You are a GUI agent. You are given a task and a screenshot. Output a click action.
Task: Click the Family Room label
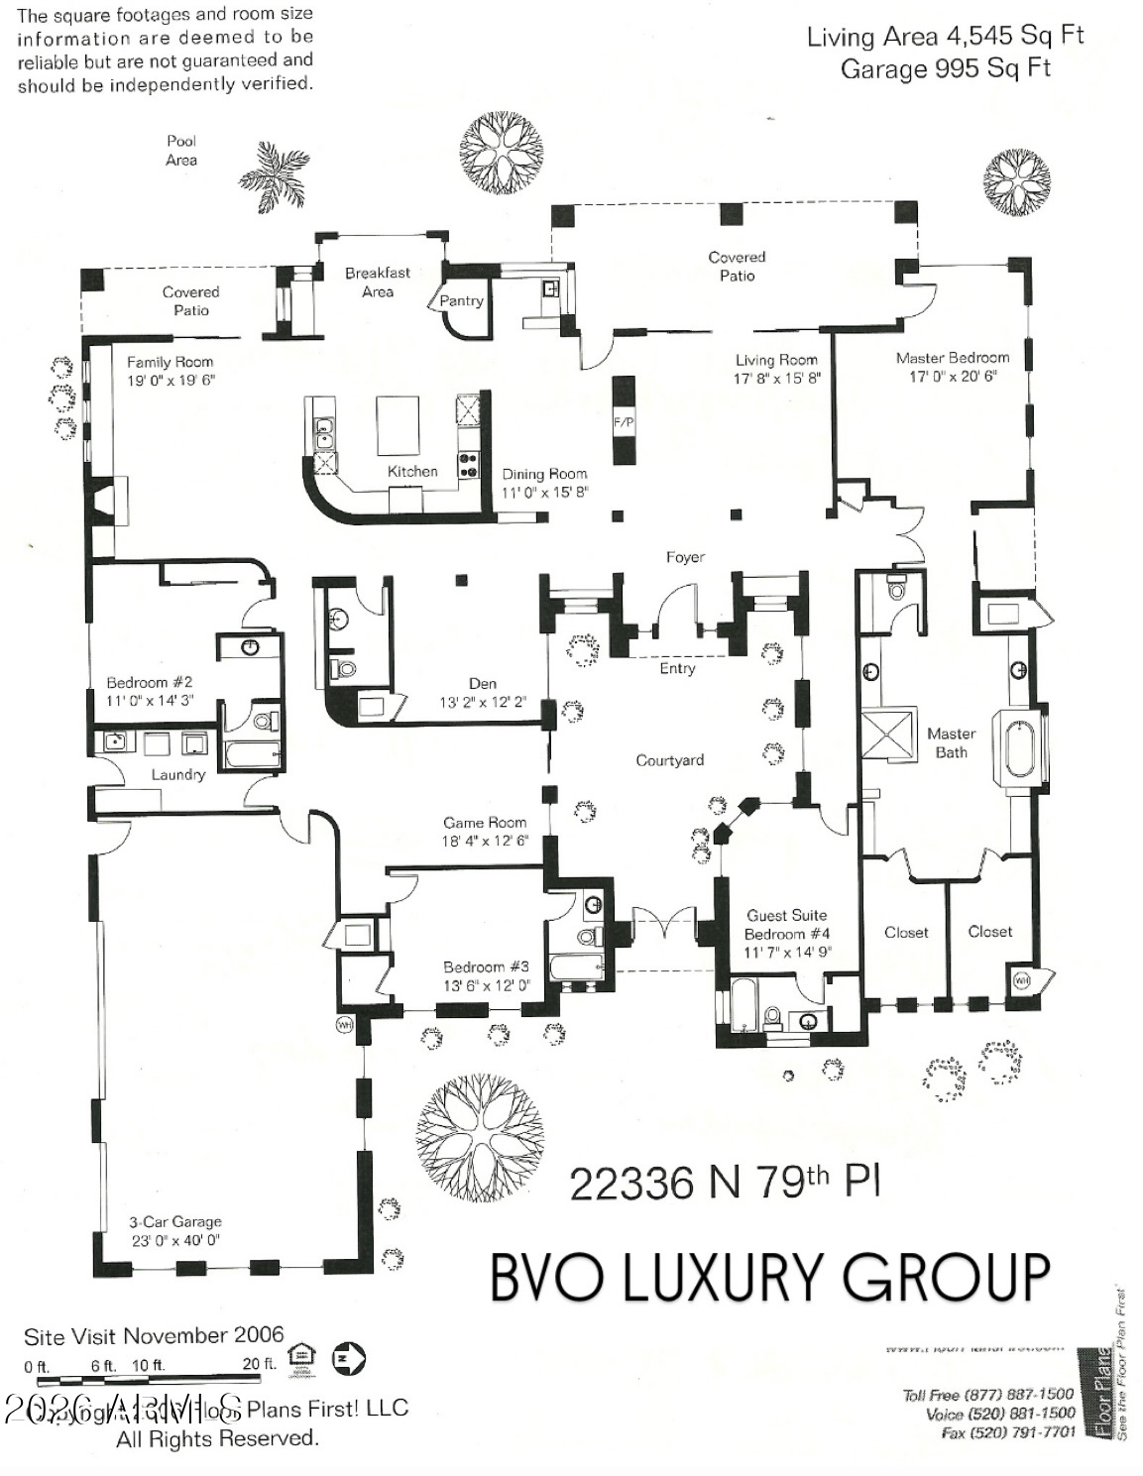click(x=170, y=362)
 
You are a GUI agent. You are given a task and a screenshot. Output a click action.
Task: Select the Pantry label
click(x=461, y=300)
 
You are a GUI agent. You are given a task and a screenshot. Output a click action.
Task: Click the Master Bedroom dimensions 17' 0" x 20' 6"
click(x=953, y=377)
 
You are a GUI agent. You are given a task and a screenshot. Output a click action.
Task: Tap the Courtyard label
click(x=670, y=760)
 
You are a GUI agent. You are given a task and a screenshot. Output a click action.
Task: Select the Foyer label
click(x=685, y=557)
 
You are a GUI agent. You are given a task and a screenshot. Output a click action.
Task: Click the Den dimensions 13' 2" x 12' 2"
click(x=483, y=702)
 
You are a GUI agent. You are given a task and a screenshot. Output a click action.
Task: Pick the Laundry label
click(x=177, y=774)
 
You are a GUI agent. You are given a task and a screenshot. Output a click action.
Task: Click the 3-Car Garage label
click(x=175, y=1222)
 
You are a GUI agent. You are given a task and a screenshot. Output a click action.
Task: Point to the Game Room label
click(x=485, y=822)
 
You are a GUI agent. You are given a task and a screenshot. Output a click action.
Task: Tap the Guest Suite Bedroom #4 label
click(x=787, y=925)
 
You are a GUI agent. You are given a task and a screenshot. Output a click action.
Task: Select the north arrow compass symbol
click(x=349, y=1358)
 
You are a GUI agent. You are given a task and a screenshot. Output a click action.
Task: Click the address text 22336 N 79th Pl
click(x=724, y=1182)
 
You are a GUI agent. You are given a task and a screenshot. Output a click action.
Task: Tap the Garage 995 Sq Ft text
click(x=945, y=68)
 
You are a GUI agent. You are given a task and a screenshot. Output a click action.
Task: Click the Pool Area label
click(x=181, y=150)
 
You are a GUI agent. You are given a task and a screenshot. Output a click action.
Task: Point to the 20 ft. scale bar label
click(x=259, y=1364)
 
